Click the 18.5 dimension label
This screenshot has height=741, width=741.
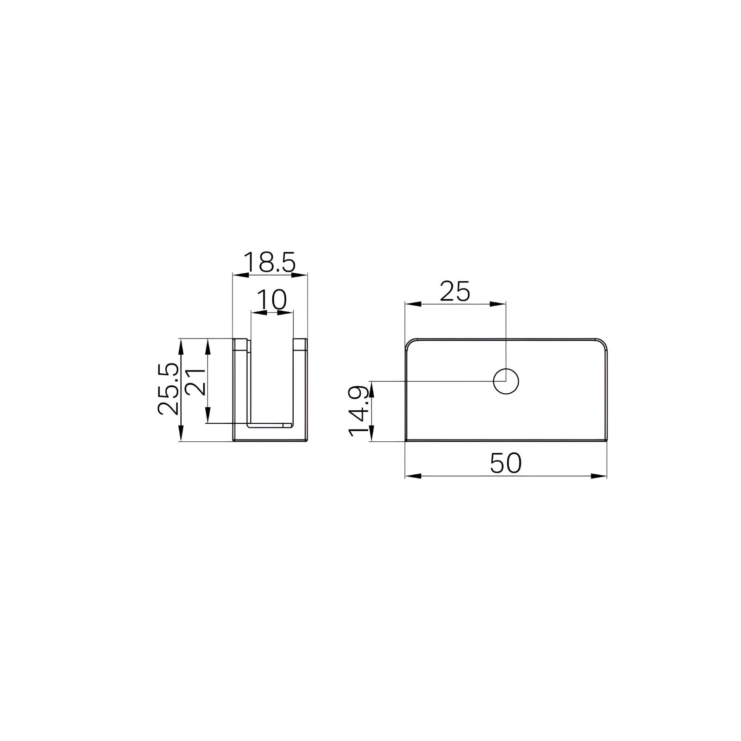[x=270, y=263]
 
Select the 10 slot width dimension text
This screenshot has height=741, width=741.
[x=272, y=300]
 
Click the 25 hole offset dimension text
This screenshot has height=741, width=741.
[x=455, y=291]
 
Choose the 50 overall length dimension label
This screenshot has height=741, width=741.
[x=506, y=463]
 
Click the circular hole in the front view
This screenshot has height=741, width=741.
[x=506, y=382]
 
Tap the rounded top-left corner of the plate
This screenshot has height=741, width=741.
[x=410, y=344]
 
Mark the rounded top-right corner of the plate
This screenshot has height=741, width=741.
[x=602, y=344]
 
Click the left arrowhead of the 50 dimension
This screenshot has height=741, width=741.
[x=412, y=476]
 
